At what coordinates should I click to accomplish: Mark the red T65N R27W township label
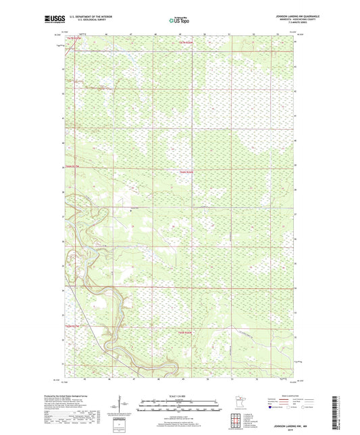[x=72, y=326]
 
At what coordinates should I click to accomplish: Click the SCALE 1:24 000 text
[x=180, y=395]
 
